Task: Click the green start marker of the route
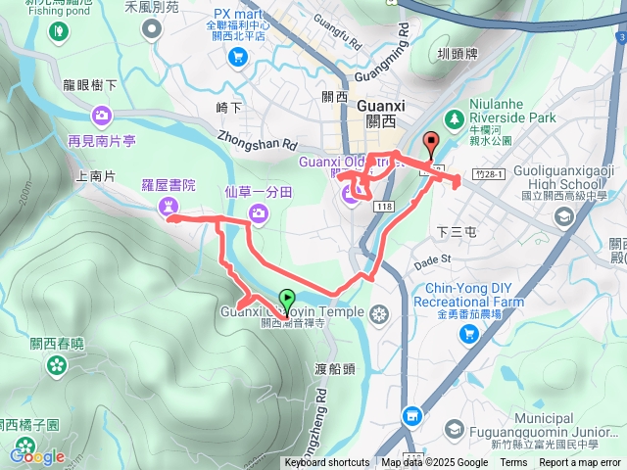coord(287,299)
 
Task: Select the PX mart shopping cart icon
coord(236,57)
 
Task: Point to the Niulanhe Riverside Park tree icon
coord(453,118)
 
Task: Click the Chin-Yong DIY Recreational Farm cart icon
coord(470,335)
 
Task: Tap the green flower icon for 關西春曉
coord(57,365)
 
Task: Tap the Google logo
coord(37,455)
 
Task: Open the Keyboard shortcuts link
coord(326,463)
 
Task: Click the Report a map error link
coord(580,463)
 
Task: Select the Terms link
coord(513,463)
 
